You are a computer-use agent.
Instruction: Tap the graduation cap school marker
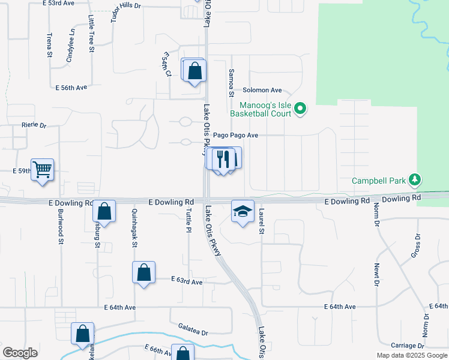coord(243,212)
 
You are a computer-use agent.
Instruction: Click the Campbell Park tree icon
coord(414,179)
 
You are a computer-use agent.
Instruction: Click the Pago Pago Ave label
coord(236,136)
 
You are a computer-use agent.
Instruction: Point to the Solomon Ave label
coord(262,90)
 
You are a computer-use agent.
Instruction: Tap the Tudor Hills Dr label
coord(125,11)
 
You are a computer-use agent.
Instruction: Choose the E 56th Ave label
coord(71,88)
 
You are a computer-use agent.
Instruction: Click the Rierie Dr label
coord(34,125)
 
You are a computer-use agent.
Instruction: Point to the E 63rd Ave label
coord(187,280)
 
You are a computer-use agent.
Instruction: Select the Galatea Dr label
coord(193,332)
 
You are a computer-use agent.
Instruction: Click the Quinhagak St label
coord(134,228)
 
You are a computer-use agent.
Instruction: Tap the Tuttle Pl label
coord(188,222)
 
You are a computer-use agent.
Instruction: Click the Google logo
coord(20,353)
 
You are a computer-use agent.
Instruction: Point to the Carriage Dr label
coord(408,346)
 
